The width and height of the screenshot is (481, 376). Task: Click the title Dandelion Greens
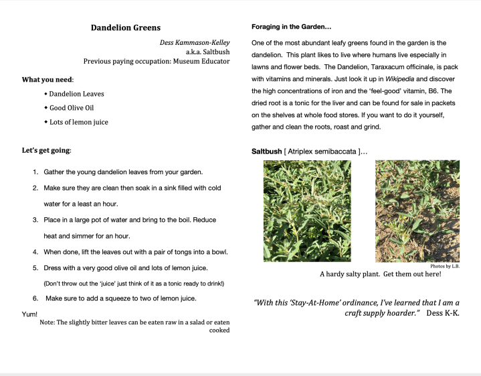[x=126, y=27]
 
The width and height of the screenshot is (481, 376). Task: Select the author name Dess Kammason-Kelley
[x=194, y=42]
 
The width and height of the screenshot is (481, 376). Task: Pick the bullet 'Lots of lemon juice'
[x=78, y=122]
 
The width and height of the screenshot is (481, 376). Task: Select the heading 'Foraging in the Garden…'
[x=292, y=27]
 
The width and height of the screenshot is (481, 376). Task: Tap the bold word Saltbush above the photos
[x=266, y=151]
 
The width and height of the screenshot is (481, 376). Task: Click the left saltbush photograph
[x=307, y=210]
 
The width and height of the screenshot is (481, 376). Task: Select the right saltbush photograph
[x=417, y=210]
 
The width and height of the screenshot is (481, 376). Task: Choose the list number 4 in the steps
[x=35, y=252]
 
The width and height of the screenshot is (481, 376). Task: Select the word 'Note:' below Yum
[x=47, y=322]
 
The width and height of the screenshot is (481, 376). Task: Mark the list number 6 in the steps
[x=35, y=298]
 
